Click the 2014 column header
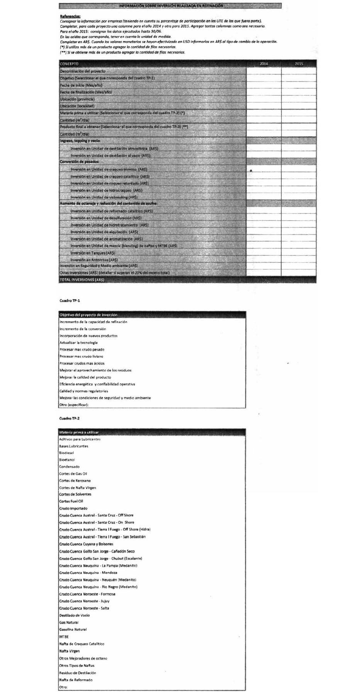[x=264, y=64]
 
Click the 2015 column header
[x=299, y=64]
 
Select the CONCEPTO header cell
[x=69, y=64]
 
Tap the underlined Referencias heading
[x=70, y=16]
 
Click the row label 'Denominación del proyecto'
[x=83, y=71]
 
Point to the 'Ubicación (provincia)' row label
[x=78, y=99]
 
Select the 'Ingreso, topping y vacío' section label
[x=80, y=141]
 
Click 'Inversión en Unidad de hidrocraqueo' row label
[x=106, y=190]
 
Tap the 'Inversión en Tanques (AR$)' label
[x=93, y=253]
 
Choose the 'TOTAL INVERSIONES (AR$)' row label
[x=82, y=280]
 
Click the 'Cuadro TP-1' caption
[x=70, y=300]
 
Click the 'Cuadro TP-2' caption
[x=69, y=418]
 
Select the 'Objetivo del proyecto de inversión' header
[x=88, y=315]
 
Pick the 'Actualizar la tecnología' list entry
[x=78, y=343]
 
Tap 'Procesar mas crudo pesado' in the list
[x=82, y=350]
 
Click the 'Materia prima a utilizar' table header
[x=79, y=433]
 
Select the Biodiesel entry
[x=66, y=453]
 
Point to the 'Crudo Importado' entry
[x=73, y=508]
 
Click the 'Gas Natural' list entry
[x=69, y=622]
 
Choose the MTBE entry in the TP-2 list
[x=64, y=637]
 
